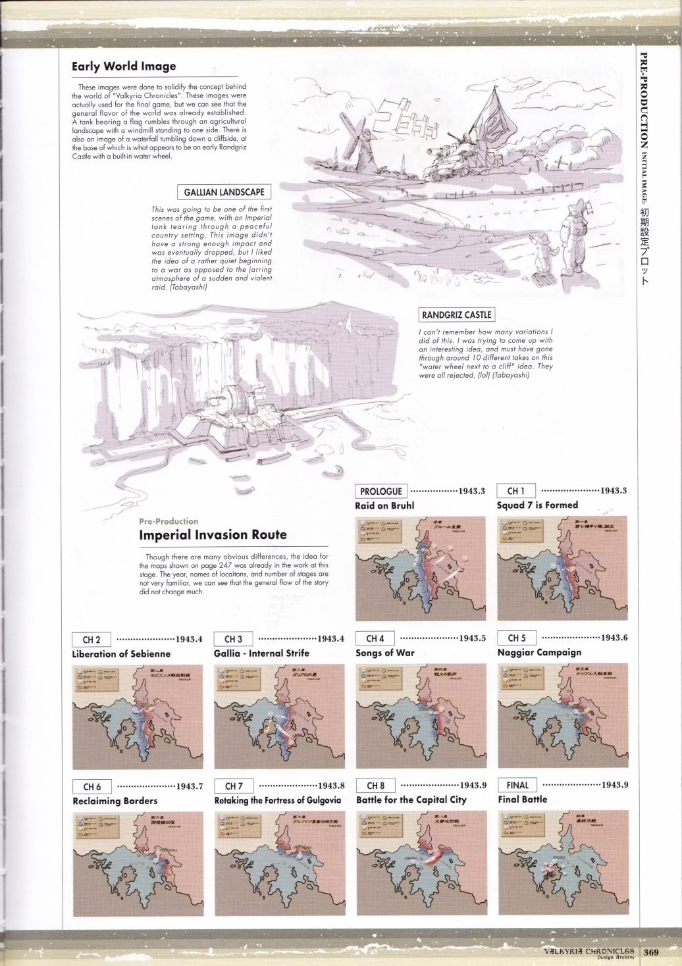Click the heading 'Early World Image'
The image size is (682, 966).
coord(124,66)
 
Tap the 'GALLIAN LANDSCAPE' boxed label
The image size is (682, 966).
coord(224,192)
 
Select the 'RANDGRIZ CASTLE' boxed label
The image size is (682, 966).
coord(456,315)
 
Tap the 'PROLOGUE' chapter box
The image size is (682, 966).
coord(381,492)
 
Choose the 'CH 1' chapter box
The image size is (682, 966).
coord(516,491)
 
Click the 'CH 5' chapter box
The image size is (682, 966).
coord(517,638)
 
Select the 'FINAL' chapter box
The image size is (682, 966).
coord(517,785)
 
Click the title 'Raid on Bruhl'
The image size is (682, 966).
coord(384,506)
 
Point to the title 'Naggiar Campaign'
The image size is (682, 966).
coord(539,653)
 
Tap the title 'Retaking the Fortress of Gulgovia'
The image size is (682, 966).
coord(277,800)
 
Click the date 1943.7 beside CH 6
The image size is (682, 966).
coord(190,786)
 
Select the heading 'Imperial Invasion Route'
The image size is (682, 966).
coord(213,535)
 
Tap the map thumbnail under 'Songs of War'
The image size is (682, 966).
coord(421,716)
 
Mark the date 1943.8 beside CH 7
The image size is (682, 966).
coord(331,786)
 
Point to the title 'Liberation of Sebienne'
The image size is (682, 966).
coord(121,654)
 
